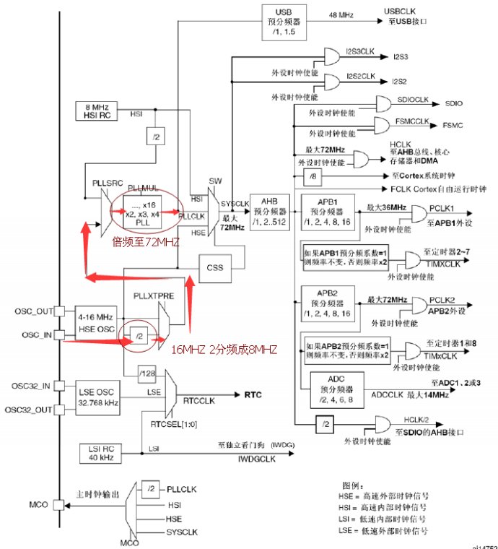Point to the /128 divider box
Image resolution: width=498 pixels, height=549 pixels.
click(x=151, y=373)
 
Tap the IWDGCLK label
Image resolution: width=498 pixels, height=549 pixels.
click(x=245, y=458)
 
